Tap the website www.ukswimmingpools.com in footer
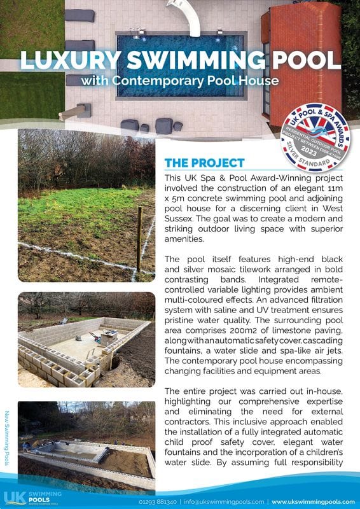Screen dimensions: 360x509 pyautogui.click(x=313, y=501)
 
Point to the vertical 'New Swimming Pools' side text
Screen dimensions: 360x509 pyautogui.click(x=7, y=439)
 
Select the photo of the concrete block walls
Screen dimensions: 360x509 pyautogui.click(x=86, y=339)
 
